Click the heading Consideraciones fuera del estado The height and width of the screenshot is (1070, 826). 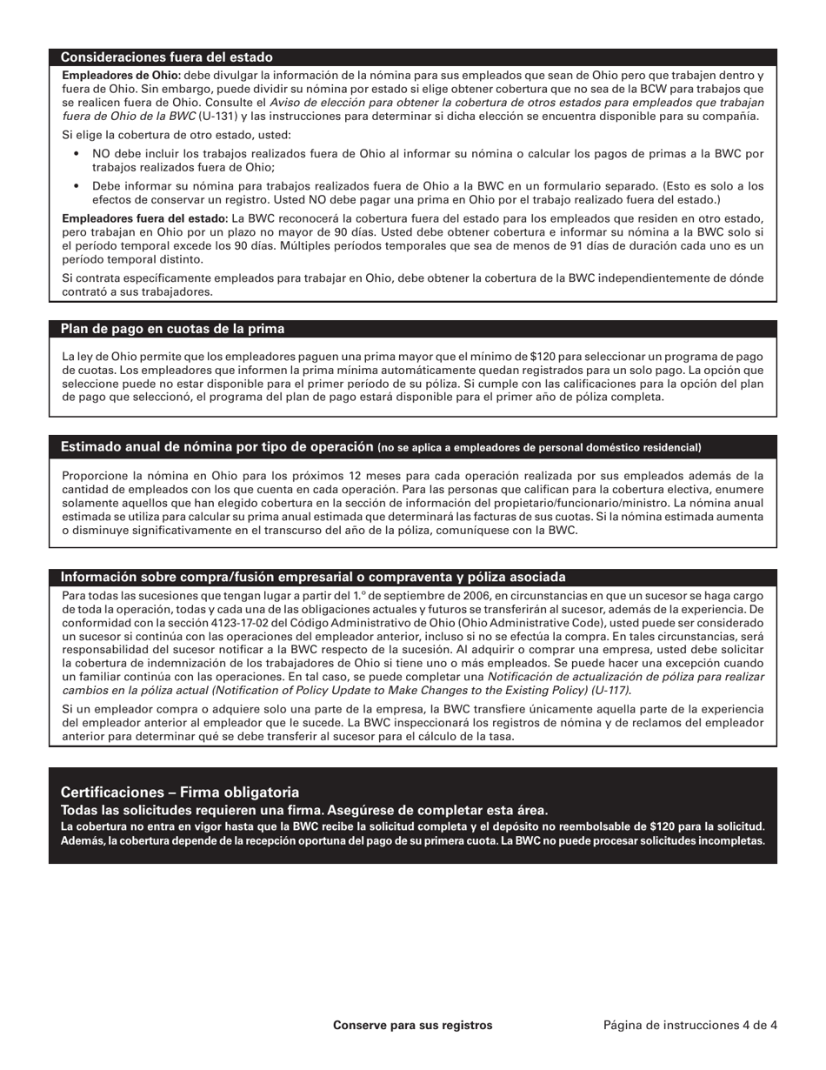click(x=166, y=57)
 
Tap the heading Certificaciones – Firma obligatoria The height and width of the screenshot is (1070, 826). click(x=179, y=792)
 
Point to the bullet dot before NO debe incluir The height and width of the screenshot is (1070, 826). click(x=77, y=154)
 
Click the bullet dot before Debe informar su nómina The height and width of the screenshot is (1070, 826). click(x=77, y=186)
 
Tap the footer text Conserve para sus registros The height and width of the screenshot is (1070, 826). click(x=412, y=1026)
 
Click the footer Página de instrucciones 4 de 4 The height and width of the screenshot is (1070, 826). click(x=690, y=1026)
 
